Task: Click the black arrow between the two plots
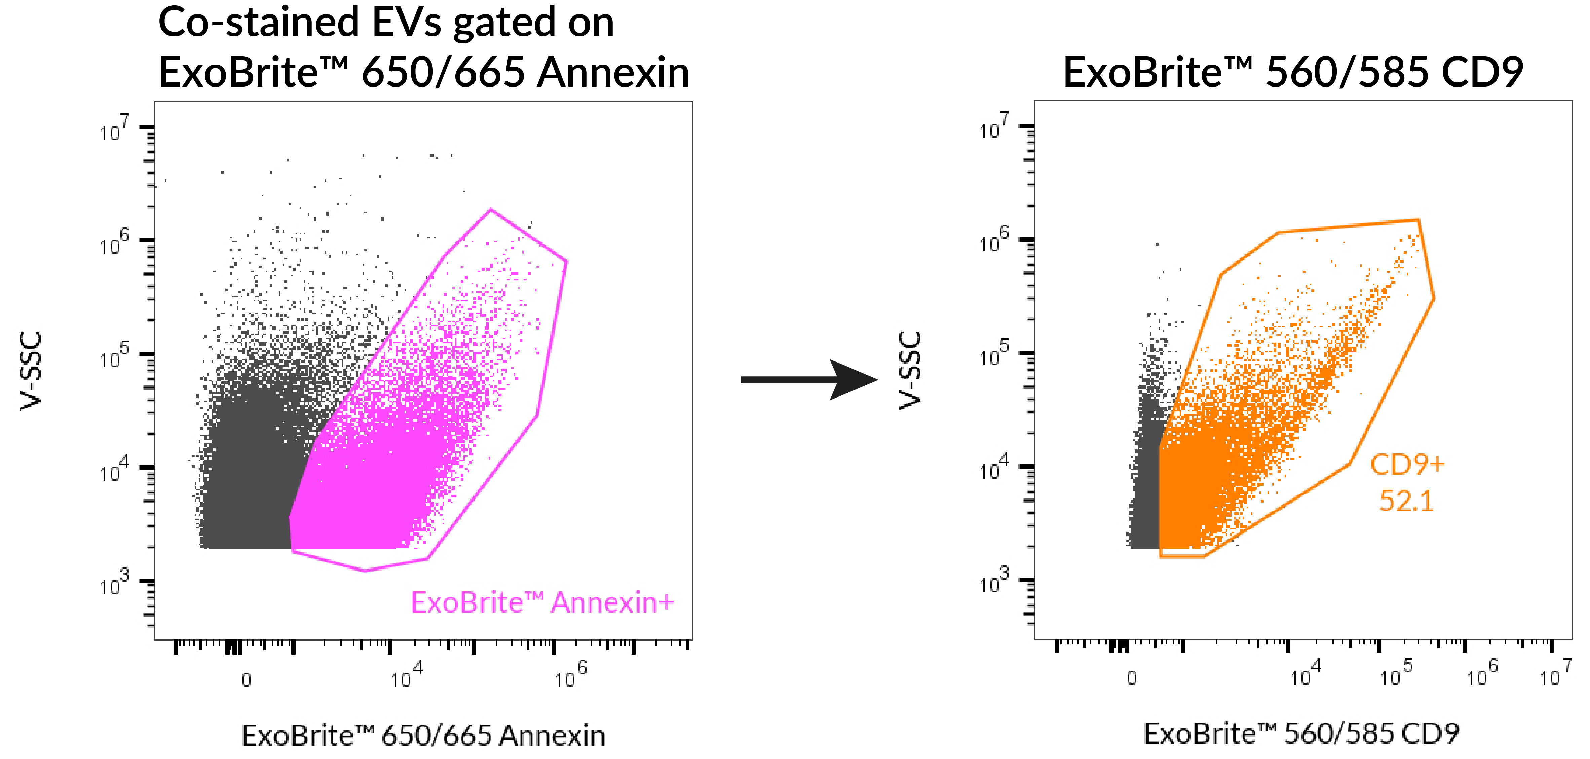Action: point(808,379)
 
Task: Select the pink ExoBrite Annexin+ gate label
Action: point(542,602)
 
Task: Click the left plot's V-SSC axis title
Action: point(31,371)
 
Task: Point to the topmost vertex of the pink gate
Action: point(491,209)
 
